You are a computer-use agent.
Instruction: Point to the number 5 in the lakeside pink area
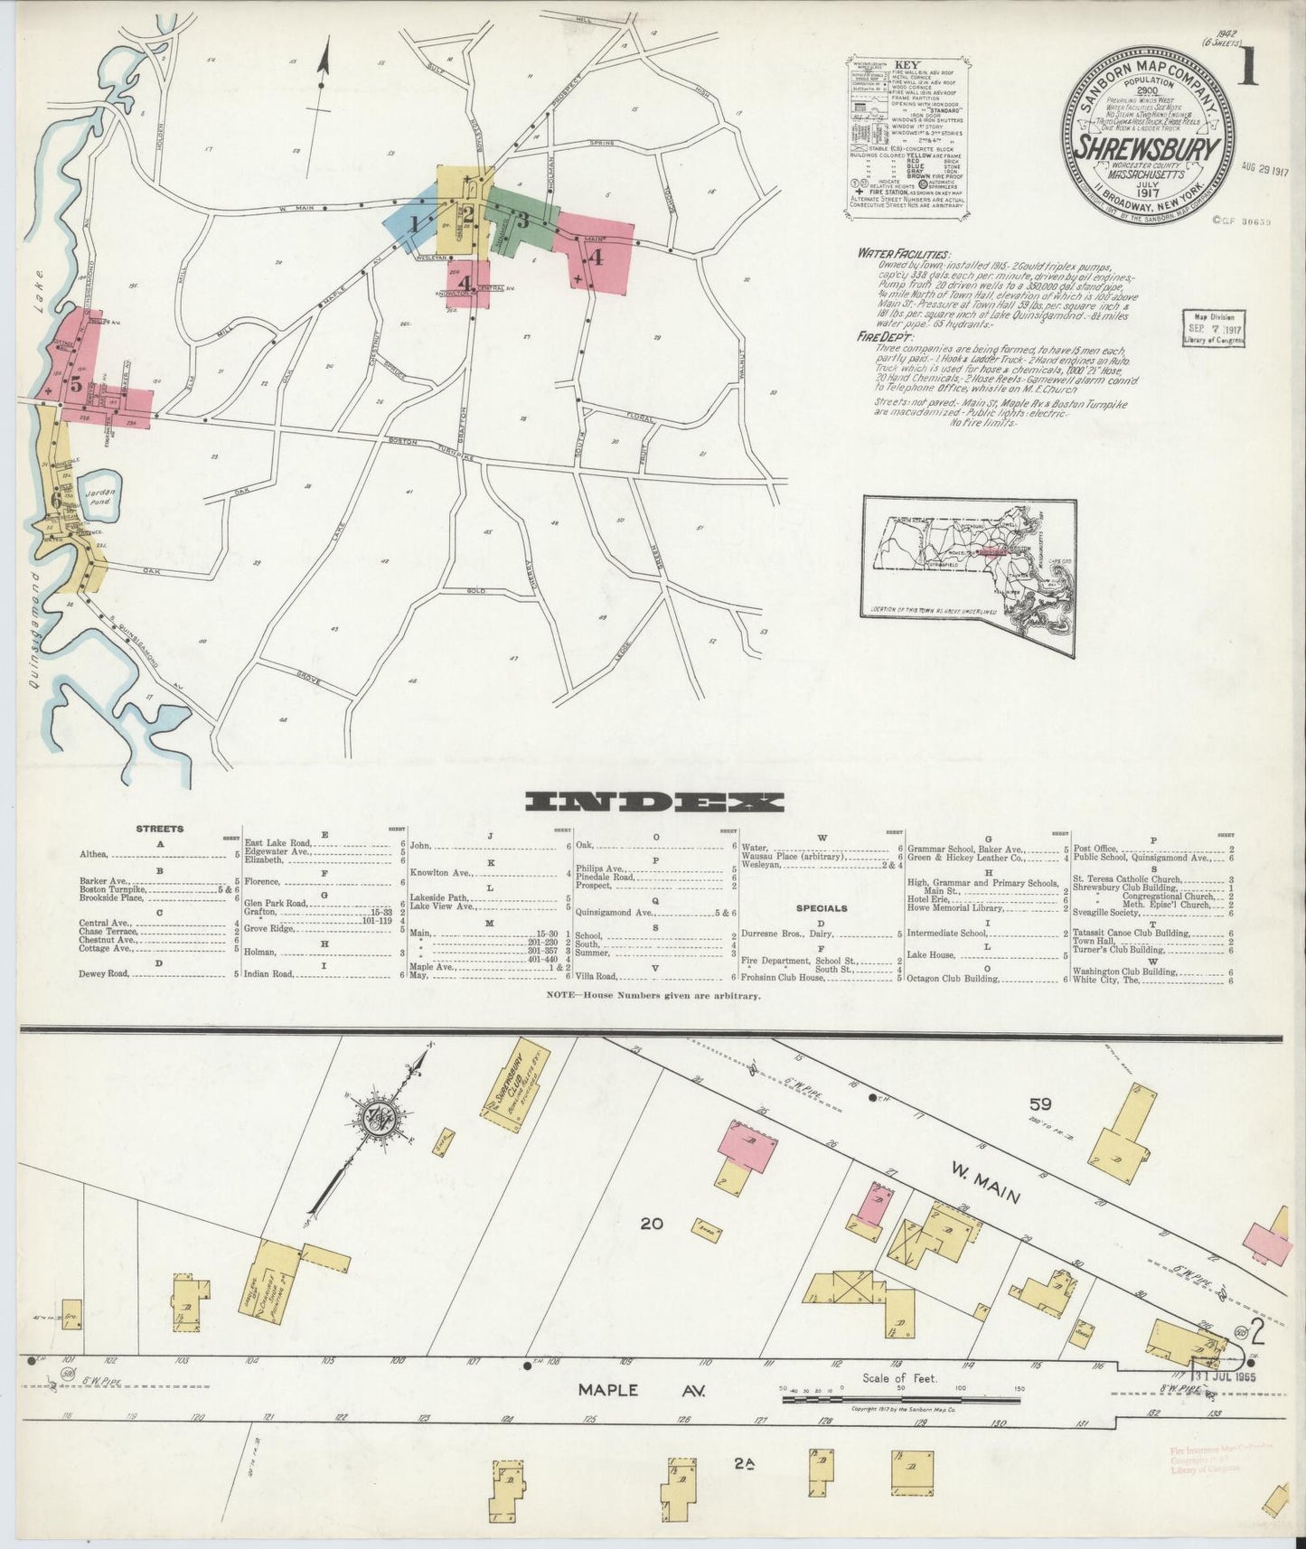click(x=76, y=385)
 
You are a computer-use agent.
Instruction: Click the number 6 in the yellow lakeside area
click(x=57, y=499)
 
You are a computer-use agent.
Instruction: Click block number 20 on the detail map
click(x=651, y=1224)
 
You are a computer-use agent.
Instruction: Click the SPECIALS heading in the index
click(x=822, y=907)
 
